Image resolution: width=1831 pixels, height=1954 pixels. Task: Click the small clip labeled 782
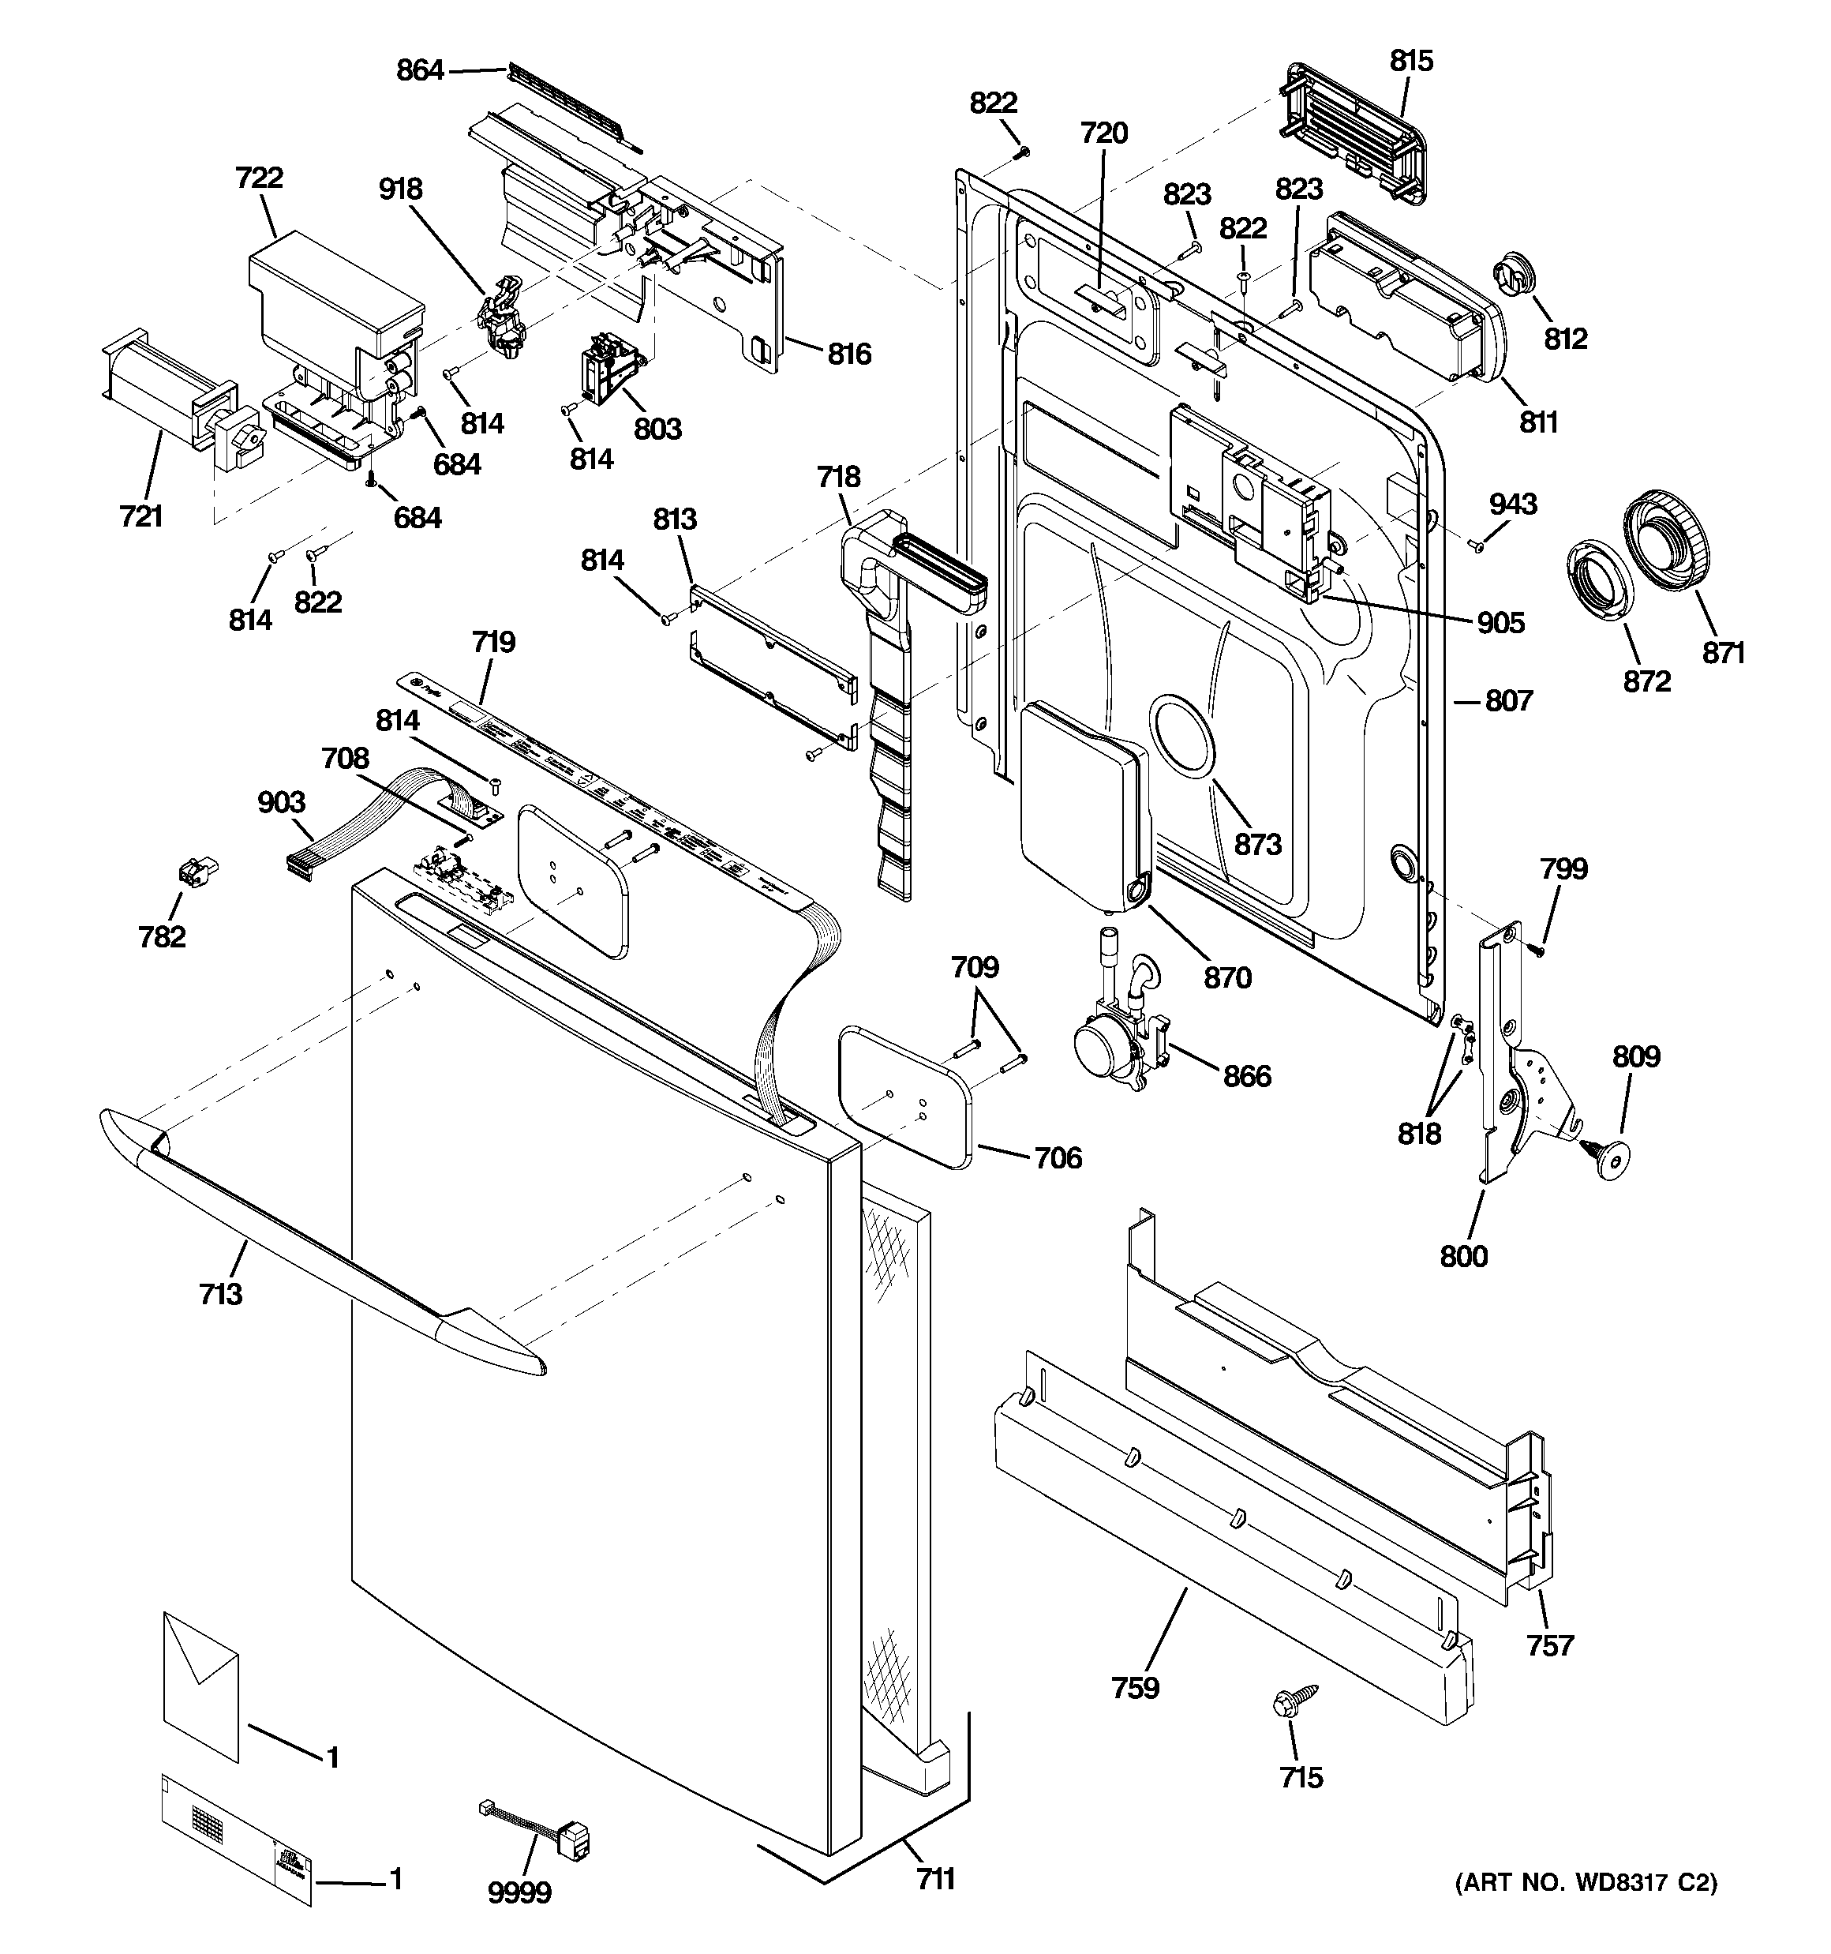[x=196, y=871]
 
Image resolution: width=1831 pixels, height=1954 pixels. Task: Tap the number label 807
[x=1509, y=701]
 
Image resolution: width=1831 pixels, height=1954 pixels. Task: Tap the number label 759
[x=1135, y=1688]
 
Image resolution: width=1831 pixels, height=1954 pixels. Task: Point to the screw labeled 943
[x=1475, y=546]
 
